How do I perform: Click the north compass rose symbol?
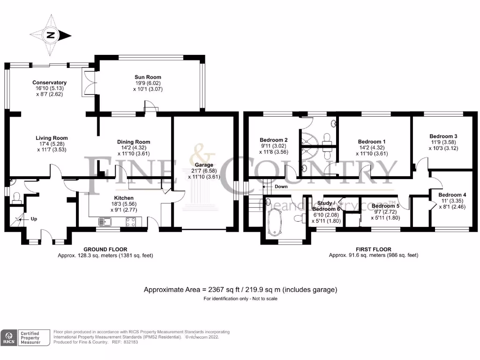click(50, 35)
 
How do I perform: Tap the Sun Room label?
click(148, 77)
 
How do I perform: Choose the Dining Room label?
click(134, 142)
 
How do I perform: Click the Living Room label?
click(52, 138)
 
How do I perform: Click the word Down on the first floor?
click(281, 187)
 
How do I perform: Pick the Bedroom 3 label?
click(443, 136)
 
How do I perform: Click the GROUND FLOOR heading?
click(105, 249)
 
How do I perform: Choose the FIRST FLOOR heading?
click(373, 249)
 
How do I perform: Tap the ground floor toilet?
click(16, 196)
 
